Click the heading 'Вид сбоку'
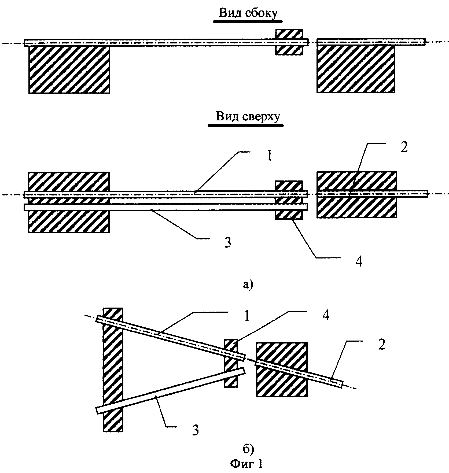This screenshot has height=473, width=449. coord(248,13)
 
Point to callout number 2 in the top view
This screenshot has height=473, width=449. coord(404,147)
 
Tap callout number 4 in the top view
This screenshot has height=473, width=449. coord(359,261)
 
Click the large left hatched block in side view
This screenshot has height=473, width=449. coord(69,69)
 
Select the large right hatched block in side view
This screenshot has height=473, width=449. coord(356,69)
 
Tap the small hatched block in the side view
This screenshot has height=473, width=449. coord(289,42)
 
